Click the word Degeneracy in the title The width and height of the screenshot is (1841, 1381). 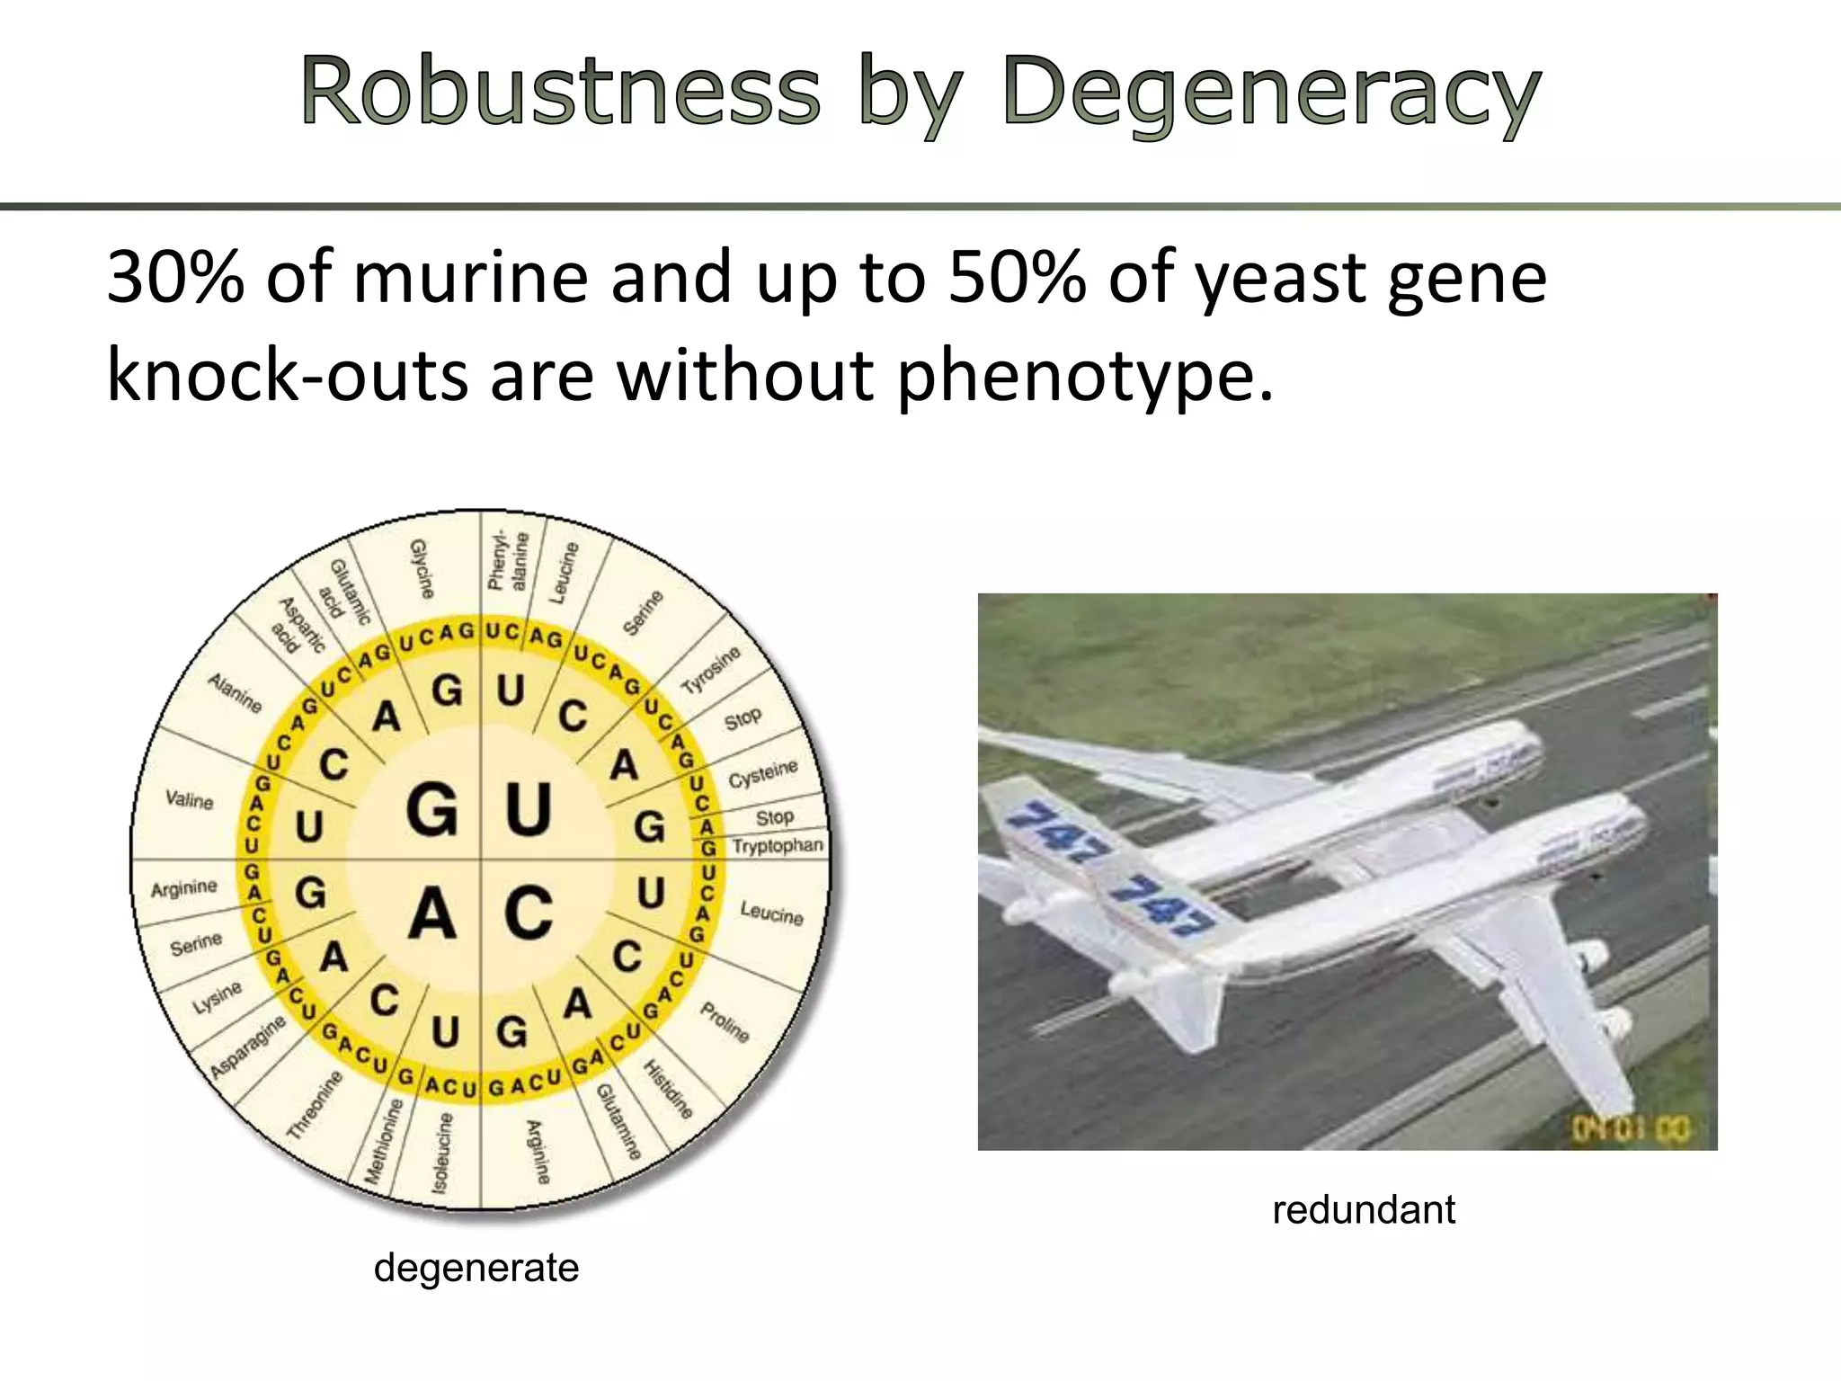pyautogui.click(x=1271, y=92)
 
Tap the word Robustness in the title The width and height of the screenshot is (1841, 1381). pyautogui.click(x=560, y=92)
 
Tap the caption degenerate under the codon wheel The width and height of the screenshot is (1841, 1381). pyautogui.click(x=476, y=1268)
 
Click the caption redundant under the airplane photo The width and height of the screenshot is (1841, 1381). pyautogui.click(x=1364, y=1209)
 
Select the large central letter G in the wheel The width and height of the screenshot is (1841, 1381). pyautogui.click(x=432, y=808)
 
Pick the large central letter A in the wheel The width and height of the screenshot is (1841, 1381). pyautogui.click(x=432, y=913)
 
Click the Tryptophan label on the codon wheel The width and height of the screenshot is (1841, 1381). pyautogui.click(x=777, y=846)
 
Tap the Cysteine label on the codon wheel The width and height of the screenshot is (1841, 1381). pyautogui.click(x=762, y=773)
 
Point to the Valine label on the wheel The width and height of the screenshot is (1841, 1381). pyautogui.click(x=190, y=799)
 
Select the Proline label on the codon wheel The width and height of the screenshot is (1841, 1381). pyautogui.click(x=725, y=1022)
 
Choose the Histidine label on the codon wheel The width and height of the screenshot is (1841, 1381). pyautogui.click(x=668, y=1089)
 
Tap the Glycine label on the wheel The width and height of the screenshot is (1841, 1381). pyautogui.click(x=422, y=569)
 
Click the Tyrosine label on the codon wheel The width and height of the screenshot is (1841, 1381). pyautogui.click(x=711, y=670)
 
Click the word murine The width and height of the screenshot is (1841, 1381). pyautogui.click(x=470, y=277)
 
